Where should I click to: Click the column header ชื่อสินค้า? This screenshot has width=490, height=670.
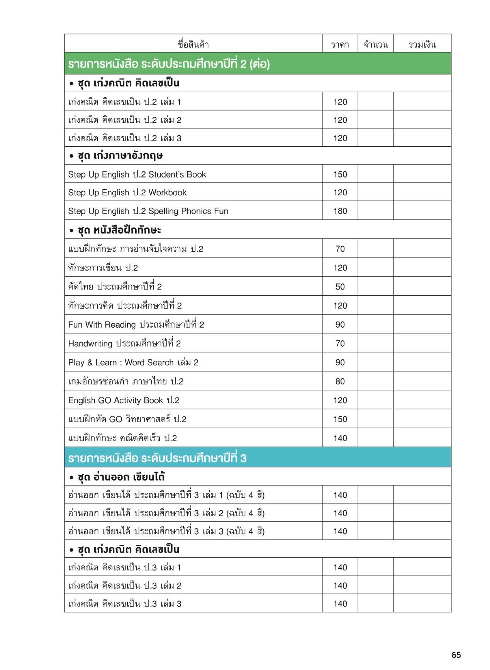[193, 44]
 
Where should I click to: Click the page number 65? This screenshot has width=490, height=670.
[456, 655]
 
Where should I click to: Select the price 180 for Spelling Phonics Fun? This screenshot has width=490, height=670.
[340, 211]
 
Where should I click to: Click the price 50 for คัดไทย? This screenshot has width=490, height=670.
[340, 287]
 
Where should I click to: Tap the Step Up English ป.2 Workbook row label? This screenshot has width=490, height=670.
[127, 193]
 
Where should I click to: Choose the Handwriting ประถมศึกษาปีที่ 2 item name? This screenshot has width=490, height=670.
[124, 343]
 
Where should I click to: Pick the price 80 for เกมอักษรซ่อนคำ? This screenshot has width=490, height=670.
[340, 381]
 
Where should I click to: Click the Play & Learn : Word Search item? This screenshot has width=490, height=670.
[133, 362]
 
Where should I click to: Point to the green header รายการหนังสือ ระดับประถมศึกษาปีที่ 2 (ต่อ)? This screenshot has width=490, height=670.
[169, 64]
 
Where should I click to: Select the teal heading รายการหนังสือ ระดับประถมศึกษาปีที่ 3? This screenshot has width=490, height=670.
[157, 458]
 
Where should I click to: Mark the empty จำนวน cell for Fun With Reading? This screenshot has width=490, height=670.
[375, 324]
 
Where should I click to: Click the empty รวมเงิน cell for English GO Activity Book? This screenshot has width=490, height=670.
[422, 400]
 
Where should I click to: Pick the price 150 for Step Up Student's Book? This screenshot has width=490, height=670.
[340, 174]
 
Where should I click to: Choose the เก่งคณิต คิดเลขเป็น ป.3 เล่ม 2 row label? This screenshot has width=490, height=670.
[124, 585]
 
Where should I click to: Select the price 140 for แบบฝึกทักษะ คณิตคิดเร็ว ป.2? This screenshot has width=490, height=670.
[340, 438]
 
